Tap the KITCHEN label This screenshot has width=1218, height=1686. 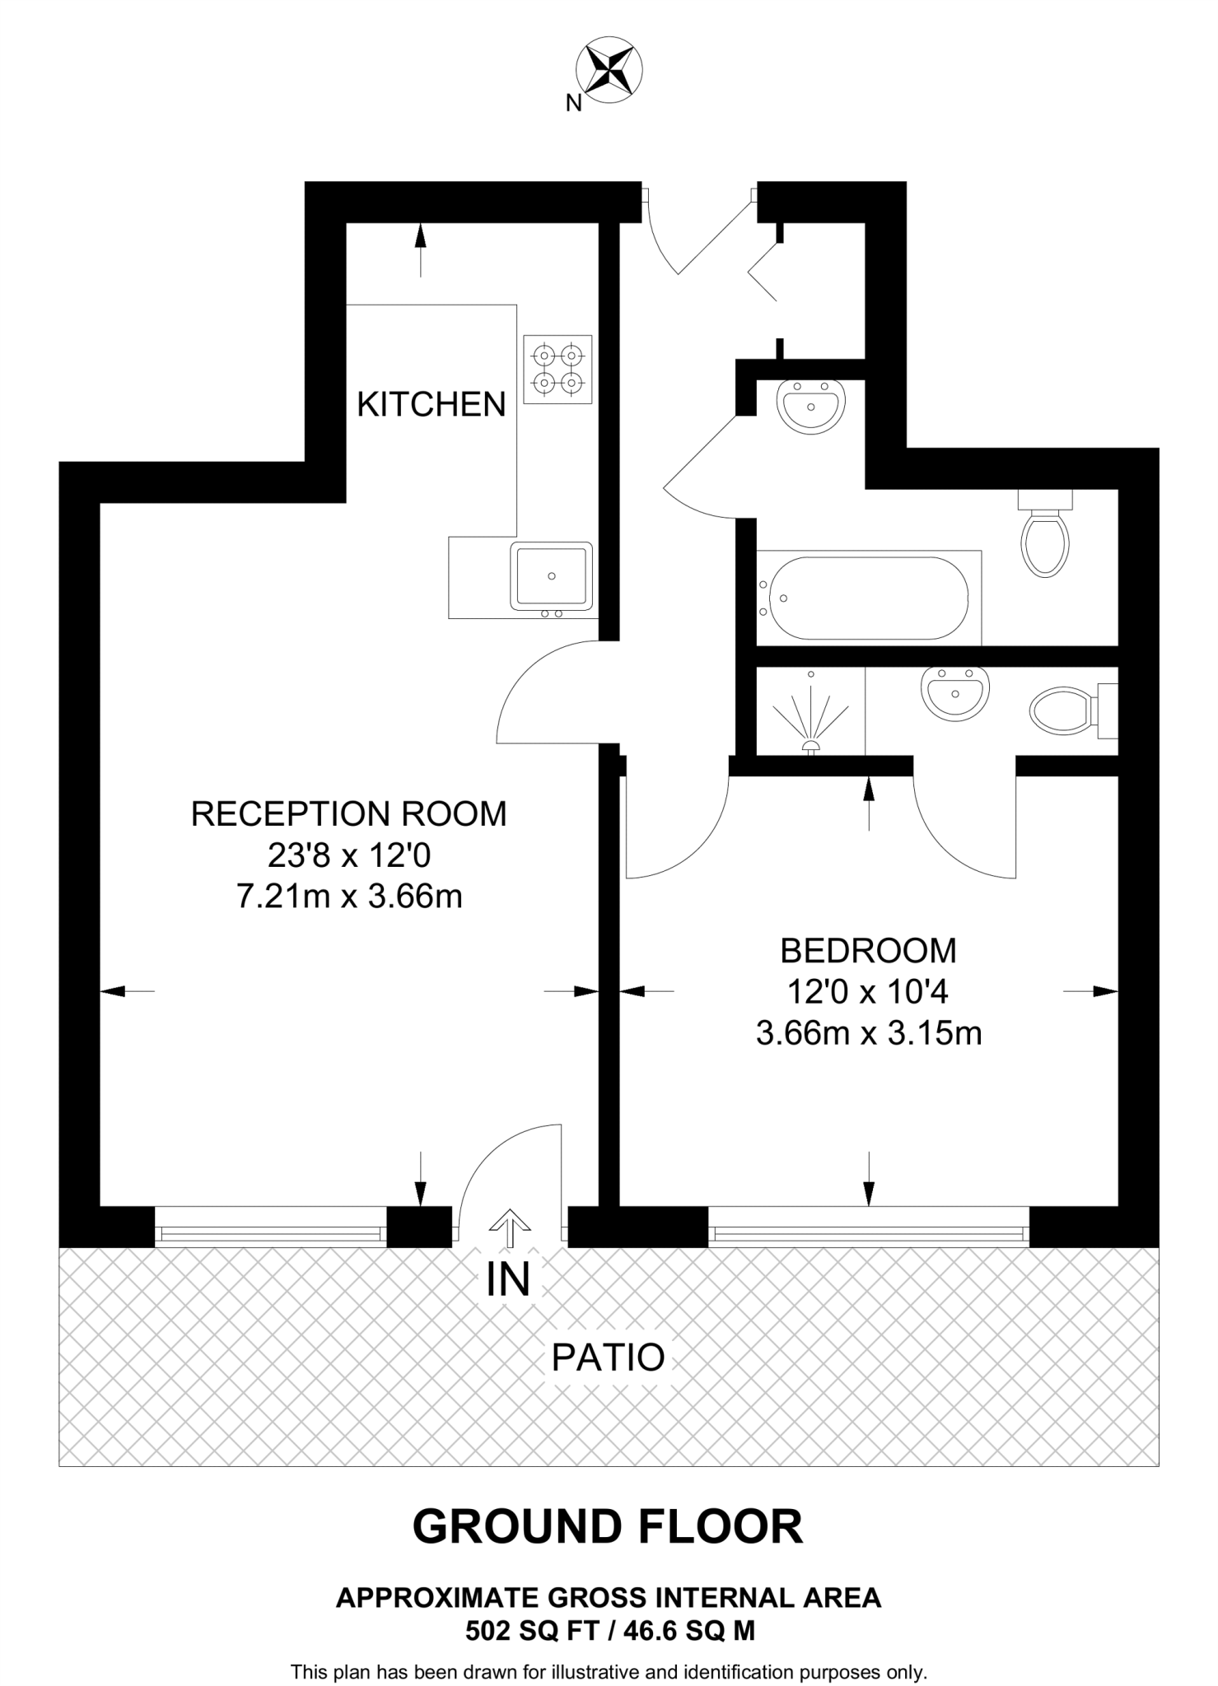pyautogui.click(x=432, y=404)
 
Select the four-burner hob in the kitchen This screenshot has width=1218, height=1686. pyautogui.click(x=558, y=369)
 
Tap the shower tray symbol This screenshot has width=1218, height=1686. pyautogui.click(x=811, y=711)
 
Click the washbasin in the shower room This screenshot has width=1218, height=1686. pyautogui.click(x=954, y=692)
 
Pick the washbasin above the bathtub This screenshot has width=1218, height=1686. pyautogui.click(x=811, y=407)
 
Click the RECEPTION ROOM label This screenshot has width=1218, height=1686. pyautogui.click(x=349, y=813)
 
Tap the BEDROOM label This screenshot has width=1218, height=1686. pyautogui.click(x=869, y=951)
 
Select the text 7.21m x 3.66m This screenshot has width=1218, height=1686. pyautogui.click(x=349, y=896)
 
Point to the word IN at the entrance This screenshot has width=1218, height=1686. pyautogui.click(x=508, y=1279)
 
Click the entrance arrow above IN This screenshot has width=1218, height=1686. pyautogui.click(x=510, y=1227)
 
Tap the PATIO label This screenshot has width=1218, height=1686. pyautogui.click(x=608, y=1358)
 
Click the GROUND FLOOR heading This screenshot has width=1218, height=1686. pyautogui.click(x=608, y=1526)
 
